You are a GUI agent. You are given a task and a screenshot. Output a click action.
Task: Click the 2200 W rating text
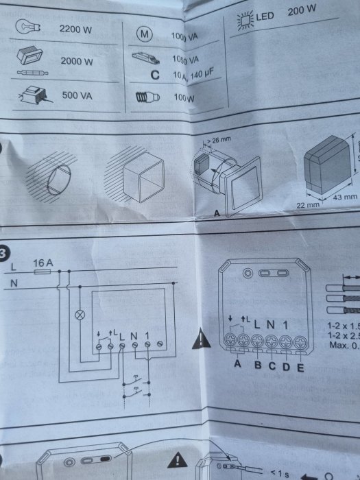pyautogui.click(x=76, y=29)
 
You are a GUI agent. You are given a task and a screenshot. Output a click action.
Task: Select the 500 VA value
pyautogui.click(x=77, y=95)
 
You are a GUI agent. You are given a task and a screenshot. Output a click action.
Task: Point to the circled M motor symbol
pyautogui.click(x=144, y=34)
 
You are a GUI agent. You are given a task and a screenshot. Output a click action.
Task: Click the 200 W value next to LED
pyautogui.click(x=302, y=12)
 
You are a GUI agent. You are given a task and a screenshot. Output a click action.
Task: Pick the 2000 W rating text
pyautogui.click(x=76, y=61)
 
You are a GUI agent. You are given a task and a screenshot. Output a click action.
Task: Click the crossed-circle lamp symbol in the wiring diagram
pyautogui.click(x=78, y=316)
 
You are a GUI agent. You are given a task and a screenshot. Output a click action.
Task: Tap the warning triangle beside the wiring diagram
pyautogui.click(x=200, y=337)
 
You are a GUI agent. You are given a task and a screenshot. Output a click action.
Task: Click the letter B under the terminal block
pyautogui.click(x=256, y=363)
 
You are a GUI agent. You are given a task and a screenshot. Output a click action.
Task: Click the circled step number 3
pyautogui.click(x=5, y=251)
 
